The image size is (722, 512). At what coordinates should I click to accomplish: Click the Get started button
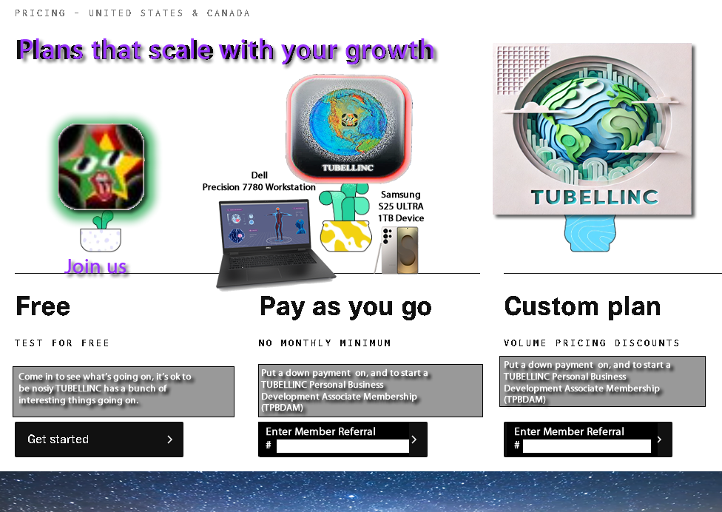pyautogui.click(x=99, y=439)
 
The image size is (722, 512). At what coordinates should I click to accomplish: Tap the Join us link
pyautogui.click(x=95, y=266)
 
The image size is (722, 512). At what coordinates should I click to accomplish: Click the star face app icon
pyautogui.click(x=101, y=166)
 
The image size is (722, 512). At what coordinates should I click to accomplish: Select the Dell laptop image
pyautogui.click(x=275, y=243)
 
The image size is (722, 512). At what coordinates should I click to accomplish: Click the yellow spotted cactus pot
pyautogui.click(x=345, y=236)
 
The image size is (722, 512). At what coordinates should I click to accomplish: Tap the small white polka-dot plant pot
pyautogui.click(x=101, y=240)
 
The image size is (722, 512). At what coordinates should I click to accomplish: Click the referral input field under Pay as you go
pyautogui.click(x=343, y=445)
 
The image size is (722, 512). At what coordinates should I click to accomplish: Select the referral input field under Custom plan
pyautogui.click(x=587, y=445)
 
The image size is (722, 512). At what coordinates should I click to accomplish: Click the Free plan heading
pyautogui.click(x=43, y=306)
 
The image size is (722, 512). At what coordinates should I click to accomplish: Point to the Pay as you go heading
pyautogui.click(x=345, y=307)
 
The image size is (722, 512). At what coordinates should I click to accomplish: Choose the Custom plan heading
pyautogui.click(x=582, y=306)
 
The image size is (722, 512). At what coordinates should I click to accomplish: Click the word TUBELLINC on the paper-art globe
pyautogui.click(x=595, y=197)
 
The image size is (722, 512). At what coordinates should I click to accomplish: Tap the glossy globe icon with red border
pyautogui.click(x=349, y=127)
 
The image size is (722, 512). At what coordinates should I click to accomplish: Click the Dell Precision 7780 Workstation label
pyautogui.click(x=259, y=181)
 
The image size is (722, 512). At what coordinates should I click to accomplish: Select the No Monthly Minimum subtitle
pyautogui.click(x=325, y=343)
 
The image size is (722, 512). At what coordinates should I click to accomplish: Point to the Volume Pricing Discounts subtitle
pyautogui.click(x=592, y=343)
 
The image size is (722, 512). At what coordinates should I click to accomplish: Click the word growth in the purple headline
pyautogui.click(x=390, y=51)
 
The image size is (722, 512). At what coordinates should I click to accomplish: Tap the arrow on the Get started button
pyautogui.click(x=169, y=439)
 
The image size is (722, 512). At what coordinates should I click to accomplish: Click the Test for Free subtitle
pyautogui.click(x=61, y=343)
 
